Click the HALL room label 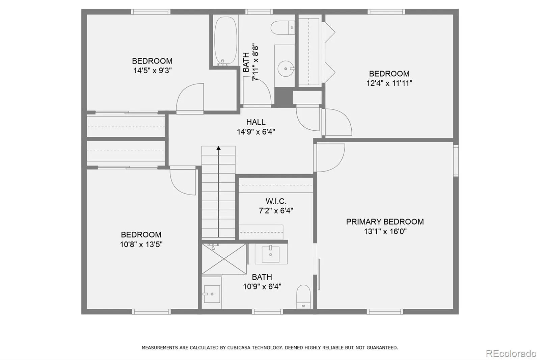256,122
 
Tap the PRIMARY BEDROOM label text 385,222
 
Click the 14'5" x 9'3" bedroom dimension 152,71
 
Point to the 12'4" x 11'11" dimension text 389,83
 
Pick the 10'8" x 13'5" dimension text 141,245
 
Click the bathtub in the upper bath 226,41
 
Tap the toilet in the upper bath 283,27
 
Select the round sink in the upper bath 286,69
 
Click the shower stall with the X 224,259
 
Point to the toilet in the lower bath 303,297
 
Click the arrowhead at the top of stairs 218,148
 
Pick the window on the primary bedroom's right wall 456,160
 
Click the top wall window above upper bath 259,11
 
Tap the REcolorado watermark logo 511,354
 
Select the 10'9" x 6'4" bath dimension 262,287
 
